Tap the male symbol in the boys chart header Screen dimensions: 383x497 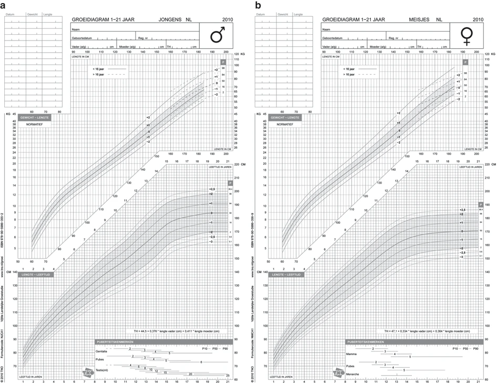click(217, 36)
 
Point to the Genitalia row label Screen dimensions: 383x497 click(102, 351)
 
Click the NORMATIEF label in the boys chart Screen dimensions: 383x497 click(35, 124)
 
